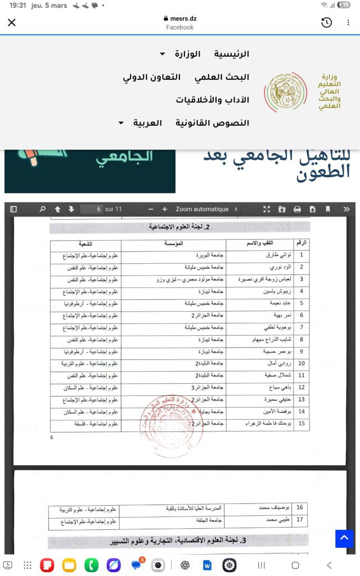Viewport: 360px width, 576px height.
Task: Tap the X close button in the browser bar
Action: [12, 22]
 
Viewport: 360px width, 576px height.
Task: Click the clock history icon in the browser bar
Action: [326, 22]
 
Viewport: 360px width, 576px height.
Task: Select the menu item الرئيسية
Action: [231, 54]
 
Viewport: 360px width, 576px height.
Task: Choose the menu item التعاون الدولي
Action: [152, 77]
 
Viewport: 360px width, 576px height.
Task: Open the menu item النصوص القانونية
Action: [212, 123]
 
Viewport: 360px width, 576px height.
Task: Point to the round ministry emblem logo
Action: [285, 91]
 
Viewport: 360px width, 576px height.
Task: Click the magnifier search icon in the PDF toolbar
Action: [42, 209]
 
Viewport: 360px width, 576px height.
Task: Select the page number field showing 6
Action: [92, 209]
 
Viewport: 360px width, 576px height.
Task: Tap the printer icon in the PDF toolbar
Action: [297, 209]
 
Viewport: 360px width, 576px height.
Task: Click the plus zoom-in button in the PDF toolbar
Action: [164, 209]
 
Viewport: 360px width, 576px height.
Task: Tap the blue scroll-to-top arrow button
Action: [344, 538]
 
